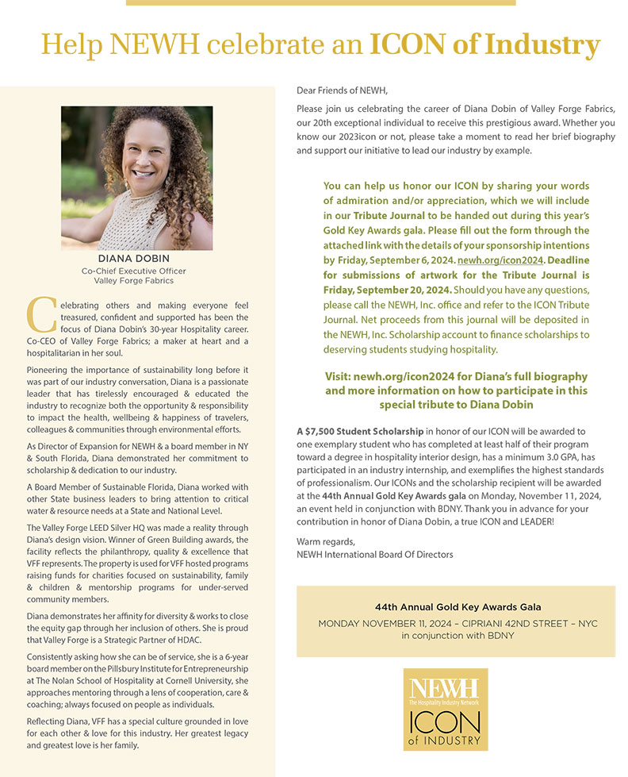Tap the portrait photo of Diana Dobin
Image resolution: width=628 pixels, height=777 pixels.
(x=136, y=178)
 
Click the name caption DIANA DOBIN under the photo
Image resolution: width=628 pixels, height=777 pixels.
(x=133, y=259)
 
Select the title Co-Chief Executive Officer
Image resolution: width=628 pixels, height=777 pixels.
(x=133, y=271)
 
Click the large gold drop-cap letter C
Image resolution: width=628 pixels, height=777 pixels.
(x=37, y=315)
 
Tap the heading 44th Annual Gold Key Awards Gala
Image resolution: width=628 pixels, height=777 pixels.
(x=458, y=607)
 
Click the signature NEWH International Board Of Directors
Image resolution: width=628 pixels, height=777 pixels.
(x=374, y=554)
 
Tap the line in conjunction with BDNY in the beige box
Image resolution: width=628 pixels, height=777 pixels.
(x=458, y=636)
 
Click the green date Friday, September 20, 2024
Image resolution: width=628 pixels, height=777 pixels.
(x=373, y=290)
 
